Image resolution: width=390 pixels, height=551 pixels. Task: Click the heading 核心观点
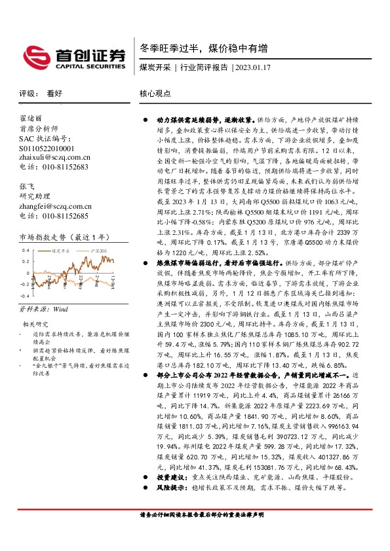pyautogui.click(x=155, y=94)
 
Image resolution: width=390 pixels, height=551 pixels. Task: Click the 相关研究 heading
pyautogui.click(x=35, y=324)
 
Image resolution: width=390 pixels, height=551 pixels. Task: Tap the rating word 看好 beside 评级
pyautogui.click(x=54, y=94)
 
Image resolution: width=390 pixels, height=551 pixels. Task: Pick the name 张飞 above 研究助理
pyautogui.click(x=26, y=186)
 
